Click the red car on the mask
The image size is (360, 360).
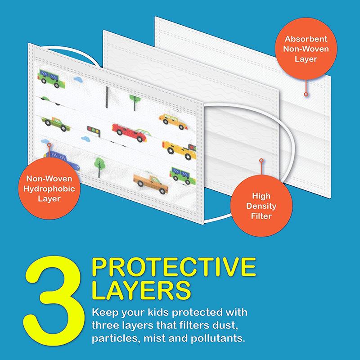coord(130,133)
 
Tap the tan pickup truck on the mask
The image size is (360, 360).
coord(151,184)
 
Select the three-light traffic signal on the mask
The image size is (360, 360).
coord(94,131)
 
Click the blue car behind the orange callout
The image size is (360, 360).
coord(62,160)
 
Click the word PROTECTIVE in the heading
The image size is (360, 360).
coord(174,267)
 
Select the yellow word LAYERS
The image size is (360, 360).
coord(141,290)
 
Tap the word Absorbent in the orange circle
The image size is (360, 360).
coord(306,39)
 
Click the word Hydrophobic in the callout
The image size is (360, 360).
coord(49,189)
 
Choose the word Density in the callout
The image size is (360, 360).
coord(261,206)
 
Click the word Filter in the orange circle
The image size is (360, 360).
coord(261,216)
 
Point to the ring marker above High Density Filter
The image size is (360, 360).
coord(261,160)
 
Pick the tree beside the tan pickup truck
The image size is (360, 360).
coord(99,167)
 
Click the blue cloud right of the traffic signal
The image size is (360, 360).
coord(85,139)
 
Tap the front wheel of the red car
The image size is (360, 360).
coord(139,139)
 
